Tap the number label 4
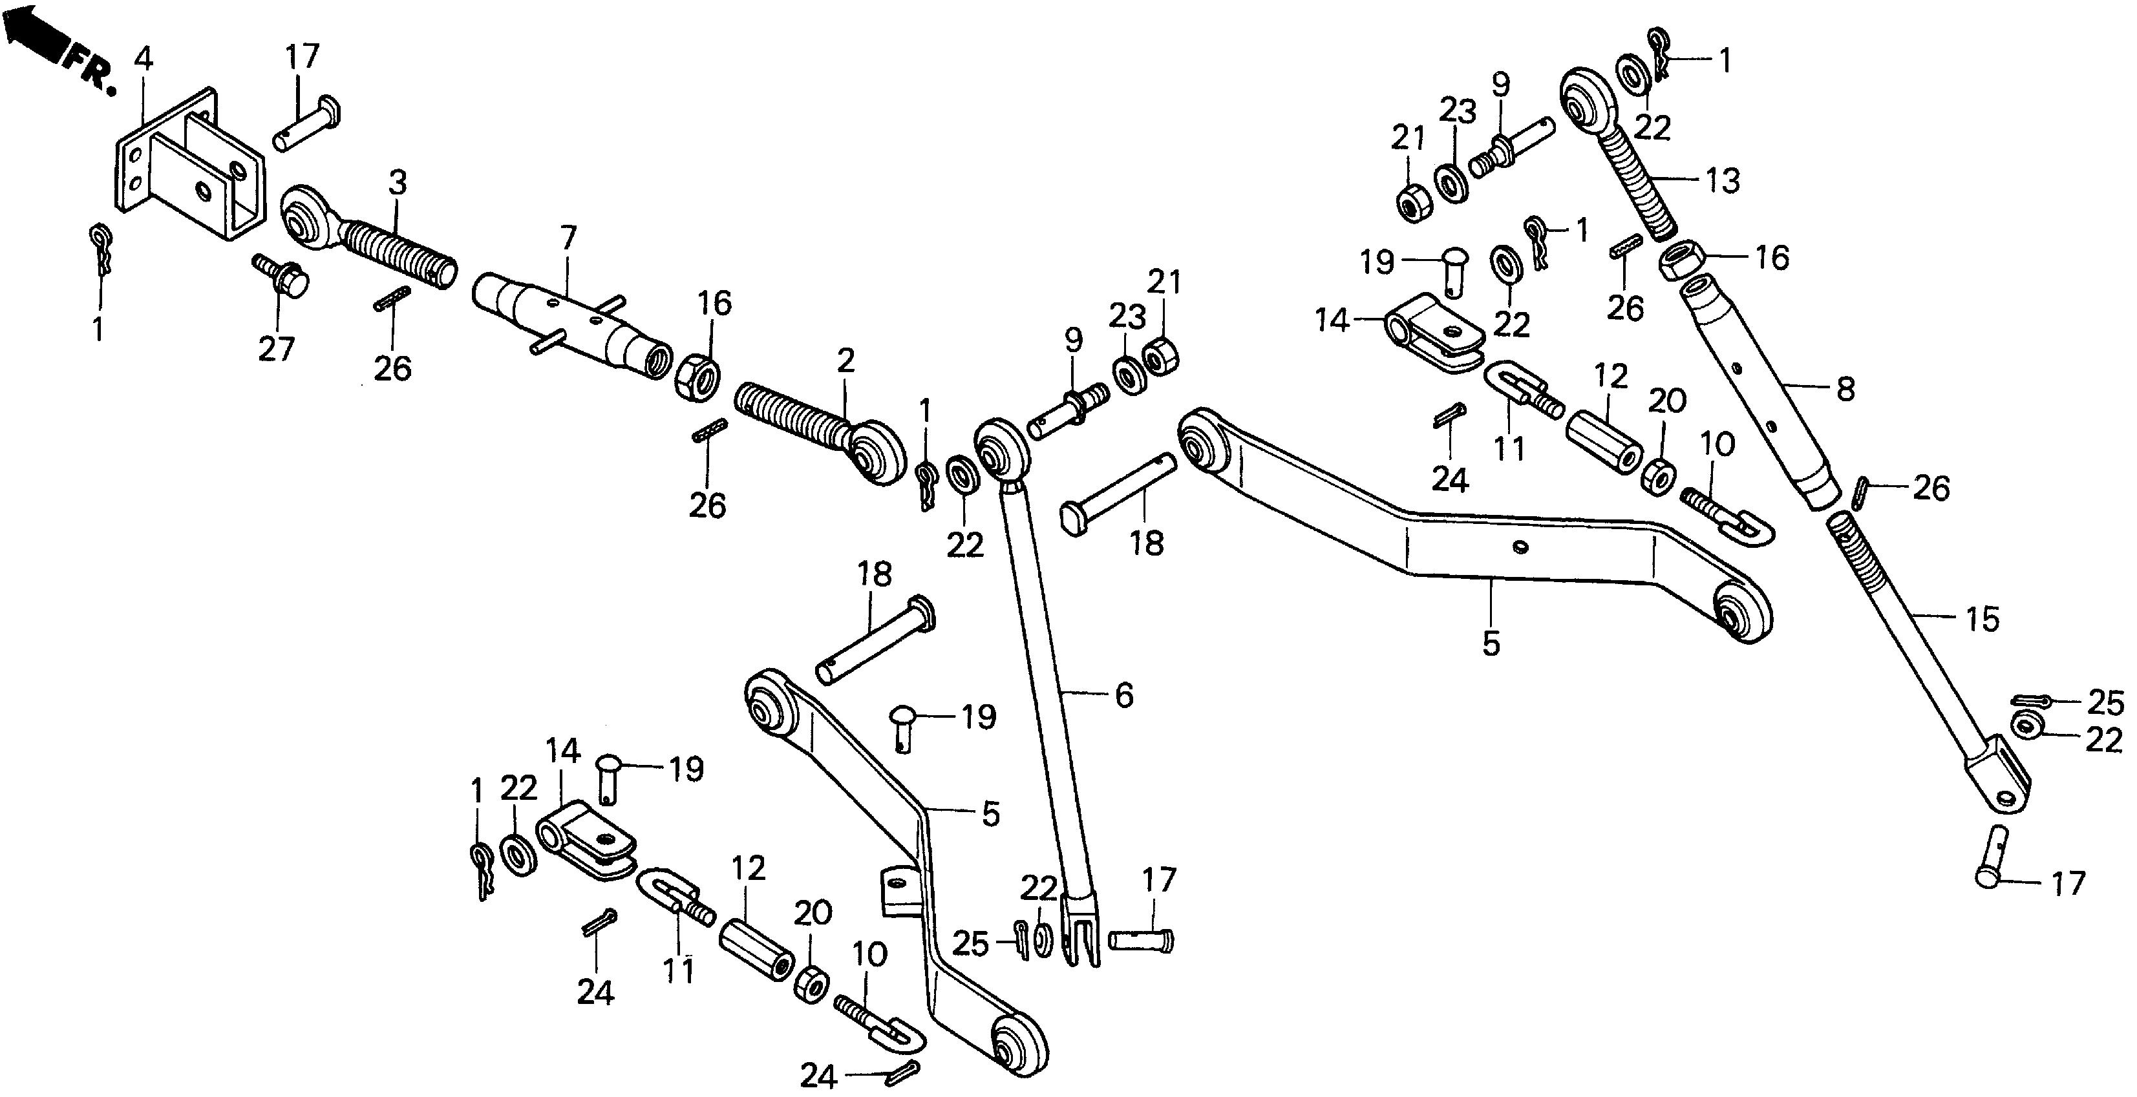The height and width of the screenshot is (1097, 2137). tap(143, 59)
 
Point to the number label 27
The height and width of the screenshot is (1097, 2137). tap(276, 348)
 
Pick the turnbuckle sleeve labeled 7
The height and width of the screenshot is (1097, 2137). tap(573, 324)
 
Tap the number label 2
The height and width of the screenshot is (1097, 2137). tap(845, 360)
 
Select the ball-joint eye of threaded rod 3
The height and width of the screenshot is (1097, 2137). tap(305, 217)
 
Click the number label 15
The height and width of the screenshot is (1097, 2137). tap(1982, 618)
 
